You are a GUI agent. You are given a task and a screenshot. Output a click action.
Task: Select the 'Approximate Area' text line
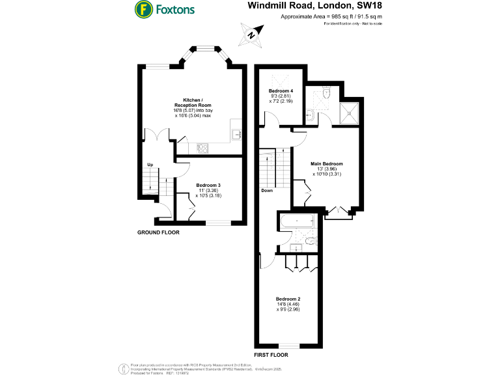pos(330,17)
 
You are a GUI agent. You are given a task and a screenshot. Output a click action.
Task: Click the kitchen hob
pos(203,148)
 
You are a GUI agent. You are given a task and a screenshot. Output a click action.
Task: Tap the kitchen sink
pos(237,135)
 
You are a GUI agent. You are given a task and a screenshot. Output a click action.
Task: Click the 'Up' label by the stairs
pos(150,165)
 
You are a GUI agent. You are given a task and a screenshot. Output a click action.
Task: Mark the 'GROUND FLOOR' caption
pos(158,232)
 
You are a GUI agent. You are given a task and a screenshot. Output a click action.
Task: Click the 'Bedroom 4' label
pos(281,90)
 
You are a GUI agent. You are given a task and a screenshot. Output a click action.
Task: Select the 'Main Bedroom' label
pos(326,163)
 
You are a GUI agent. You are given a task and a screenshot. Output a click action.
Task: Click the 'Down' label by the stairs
pos(267,191)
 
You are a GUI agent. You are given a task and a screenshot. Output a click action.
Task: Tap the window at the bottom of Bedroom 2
pos(288,345)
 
